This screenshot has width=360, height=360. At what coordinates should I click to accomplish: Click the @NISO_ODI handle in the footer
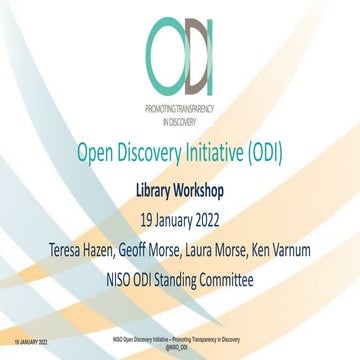180,346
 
